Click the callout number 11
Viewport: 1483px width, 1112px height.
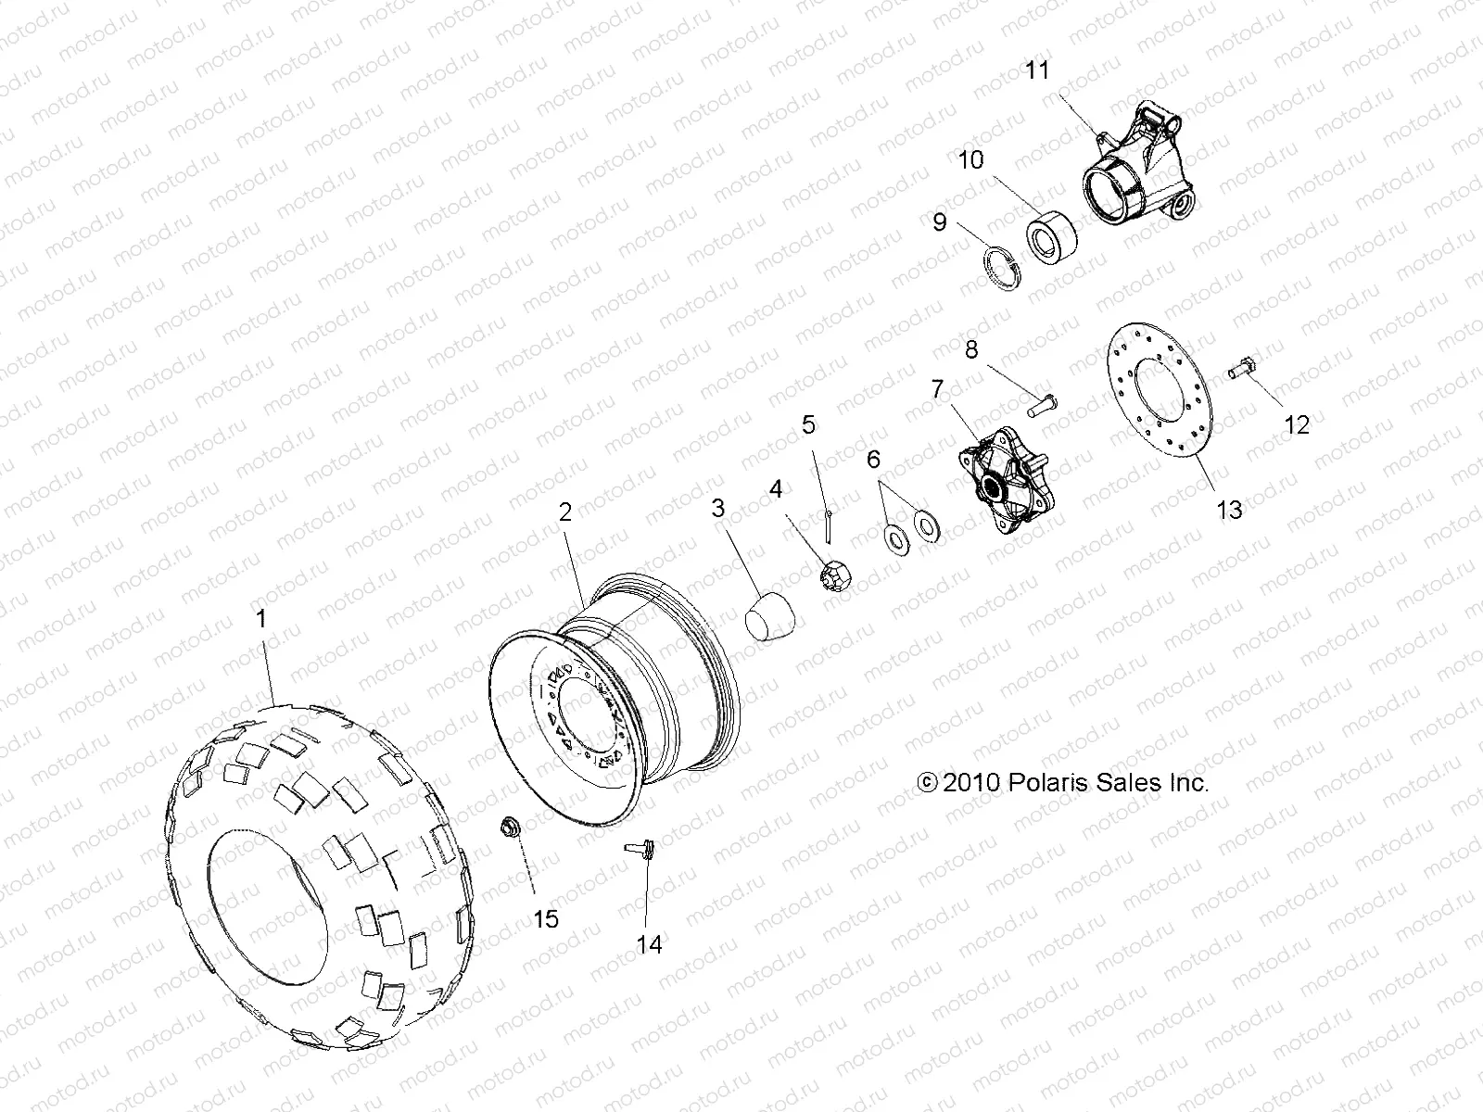pos(1038,70)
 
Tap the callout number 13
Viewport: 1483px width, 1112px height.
pos(1229,510)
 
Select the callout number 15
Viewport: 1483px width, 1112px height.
pos(546,919)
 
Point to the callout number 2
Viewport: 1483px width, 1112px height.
pos(564,512)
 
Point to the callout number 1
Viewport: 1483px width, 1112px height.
pos(262,619)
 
